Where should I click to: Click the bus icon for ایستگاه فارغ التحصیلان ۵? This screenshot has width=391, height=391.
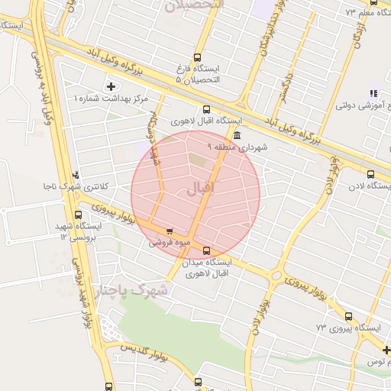[x=198, y=57]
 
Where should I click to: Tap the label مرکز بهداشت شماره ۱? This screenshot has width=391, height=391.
[x=111, y=99]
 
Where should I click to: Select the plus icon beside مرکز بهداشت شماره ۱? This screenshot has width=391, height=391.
[x=111, y=86]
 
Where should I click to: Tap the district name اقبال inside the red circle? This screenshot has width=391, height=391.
[x=202, y=187]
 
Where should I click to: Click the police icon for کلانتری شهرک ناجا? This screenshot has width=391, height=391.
[x=75, y=174]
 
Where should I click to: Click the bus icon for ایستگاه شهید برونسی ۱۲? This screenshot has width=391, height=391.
[x=78, y=215]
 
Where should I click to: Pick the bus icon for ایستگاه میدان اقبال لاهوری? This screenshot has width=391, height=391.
[x=206, y=250]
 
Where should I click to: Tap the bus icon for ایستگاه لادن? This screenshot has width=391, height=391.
[x=370, y=173]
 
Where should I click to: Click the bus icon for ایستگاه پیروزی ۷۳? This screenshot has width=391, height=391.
[x=348, y=316]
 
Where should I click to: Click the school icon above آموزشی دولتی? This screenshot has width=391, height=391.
[x=373, y=92]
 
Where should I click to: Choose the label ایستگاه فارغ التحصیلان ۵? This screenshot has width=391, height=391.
[x=197, y=74]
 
